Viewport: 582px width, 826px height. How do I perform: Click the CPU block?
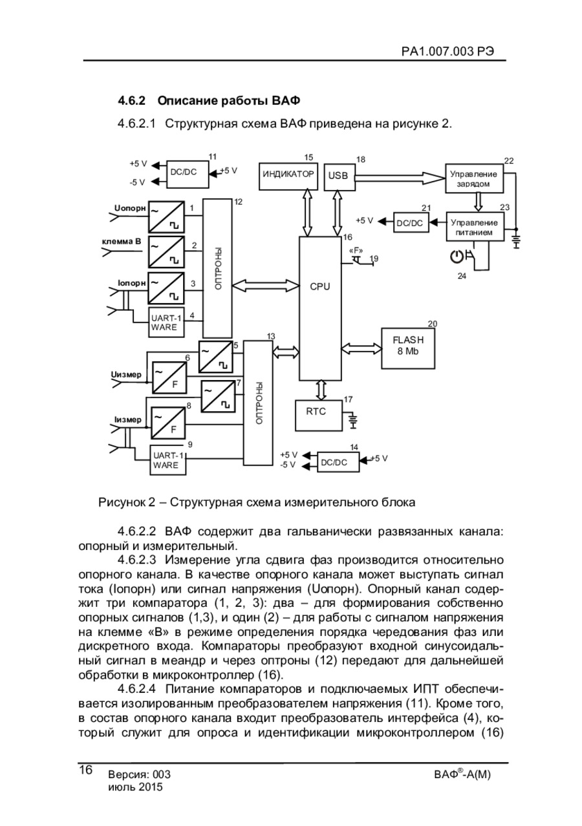coord(319,308)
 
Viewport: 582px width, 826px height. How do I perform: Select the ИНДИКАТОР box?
coord(288,176)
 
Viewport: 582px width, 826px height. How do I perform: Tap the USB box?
coord(339,177)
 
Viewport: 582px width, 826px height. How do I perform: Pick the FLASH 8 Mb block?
coord(408,348)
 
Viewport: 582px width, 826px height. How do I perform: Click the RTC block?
coord(319,415)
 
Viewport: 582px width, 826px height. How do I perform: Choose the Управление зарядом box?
coord(474,178)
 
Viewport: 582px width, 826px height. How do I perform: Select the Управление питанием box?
coord(475,226)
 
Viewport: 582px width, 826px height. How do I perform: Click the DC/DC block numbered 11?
coord(187,174)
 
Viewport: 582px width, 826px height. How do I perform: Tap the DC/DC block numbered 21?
coord(411,222)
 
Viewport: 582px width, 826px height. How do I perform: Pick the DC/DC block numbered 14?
coord(338,461)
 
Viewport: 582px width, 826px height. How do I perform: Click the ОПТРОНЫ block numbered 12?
coord(217,268)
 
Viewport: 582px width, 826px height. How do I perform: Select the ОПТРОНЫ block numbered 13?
coord(257,403)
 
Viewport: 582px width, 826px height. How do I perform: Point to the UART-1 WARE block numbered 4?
coord(166,322)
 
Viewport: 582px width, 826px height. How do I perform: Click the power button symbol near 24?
coord(457,256)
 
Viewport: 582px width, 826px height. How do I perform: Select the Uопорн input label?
coord(130,208)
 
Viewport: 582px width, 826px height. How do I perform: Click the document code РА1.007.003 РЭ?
coord(448,51)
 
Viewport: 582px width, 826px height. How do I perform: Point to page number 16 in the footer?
coord(85,770)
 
